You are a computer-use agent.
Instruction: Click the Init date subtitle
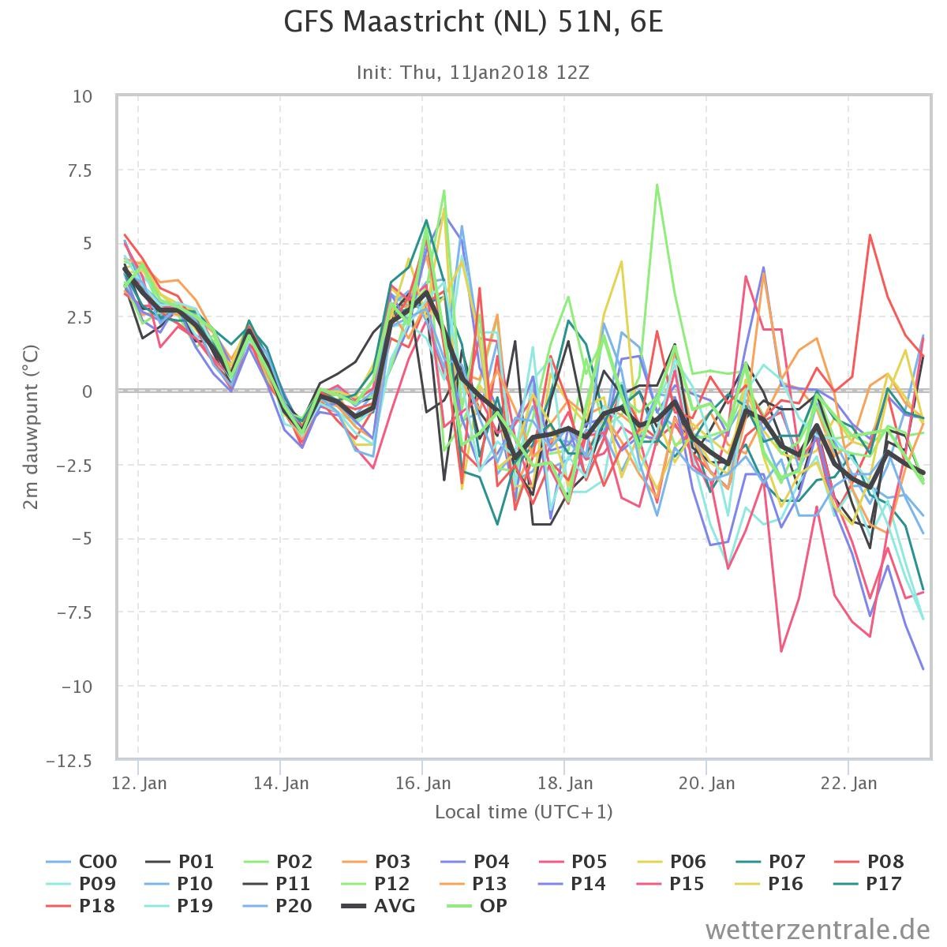pyautogui.click(x=473, y=73)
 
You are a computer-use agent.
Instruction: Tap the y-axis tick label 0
pyautogui.click(x=87, y=391)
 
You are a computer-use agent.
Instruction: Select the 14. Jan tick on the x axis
pyautogui.click(x=281, y=784)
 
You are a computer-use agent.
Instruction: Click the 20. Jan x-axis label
pyautogui.click(x=706, y=784)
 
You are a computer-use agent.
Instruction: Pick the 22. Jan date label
pyautogui.click(x=848, y=784)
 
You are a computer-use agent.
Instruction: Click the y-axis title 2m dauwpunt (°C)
pyautogui.click(x=31, y=427)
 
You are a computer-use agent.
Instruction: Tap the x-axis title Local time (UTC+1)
pyautogui.click(x=524, y=812)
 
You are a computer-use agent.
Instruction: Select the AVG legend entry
pyautogui.click(x=379, y=905)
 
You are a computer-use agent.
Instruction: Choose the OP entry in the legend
pyautogui.click(x=477, y=905)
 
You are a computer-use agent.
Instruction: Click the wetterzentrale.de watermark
pyautogui.click(x=818, y=930)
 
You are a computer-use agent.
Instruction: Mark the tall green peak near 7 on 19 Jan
pyautogui.click(x=657, y=185)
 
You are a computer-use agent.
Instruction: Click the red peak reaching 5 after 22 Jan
pyautogui.click(x=870, y=235)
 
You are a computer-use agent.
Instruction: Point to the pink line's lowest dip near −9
pyautogui.click(x=781, y=651)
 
